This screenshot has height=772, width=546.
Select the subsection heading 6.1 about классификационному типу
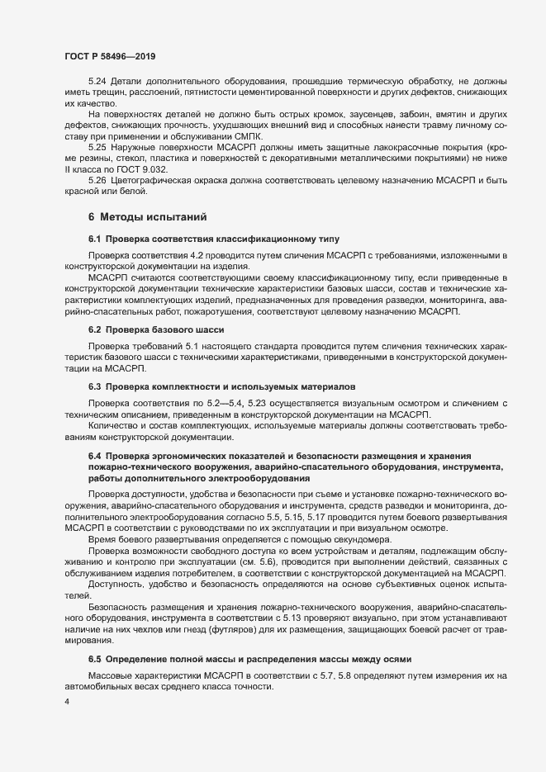click(x=202, y=239)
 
